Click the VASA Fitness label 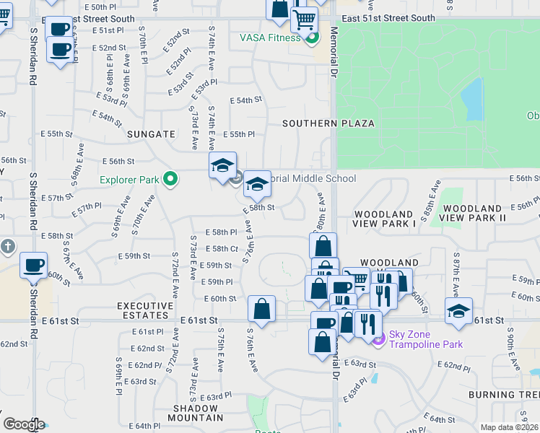[270, 38]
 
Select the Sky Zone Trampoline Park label [426, 338]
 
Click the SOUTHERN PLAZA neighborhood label [328, 123]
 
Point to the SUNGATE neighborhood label [151, 134]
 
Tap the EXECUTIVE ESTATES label [145, 311]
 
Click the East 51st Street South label [388, 18]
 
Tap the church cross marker [7, 247]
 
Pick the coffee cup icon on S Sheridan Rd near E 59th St [33, 266]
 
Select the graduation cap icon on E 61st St [458, 310]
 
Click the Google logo [23, 424]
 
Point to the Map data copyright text [509, 427]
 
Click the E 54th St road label [245, 100]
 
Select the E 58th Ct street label [222, 248]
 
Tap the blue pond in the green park [471, 100]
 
